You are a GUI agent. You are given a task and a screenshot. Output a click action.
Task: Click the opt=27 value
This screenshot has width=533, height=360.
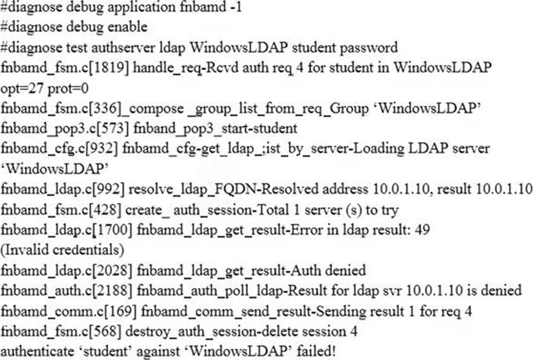click(22, 89)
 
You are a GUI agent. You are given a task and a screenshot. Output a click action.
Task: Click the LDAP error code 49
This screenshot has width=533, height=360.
click(422, 230)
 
